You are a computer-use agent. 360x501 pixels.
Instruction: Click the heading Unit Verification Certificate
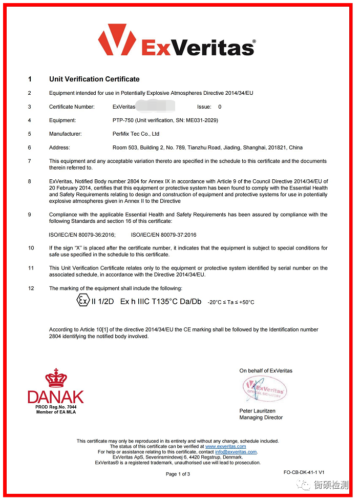coord(94,79)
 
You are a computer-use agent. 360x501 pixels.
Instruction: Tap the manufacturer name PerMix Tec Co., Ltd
coord(136,134)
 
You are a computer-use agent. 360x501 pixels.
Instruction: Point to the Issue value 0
coord(220,107)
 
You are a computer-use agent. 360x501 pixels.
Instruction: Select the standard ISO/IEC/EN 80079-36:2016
coord(82,235)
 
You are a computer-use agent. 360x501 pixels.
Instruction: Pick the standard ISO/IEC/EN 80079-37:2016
coord(163,235)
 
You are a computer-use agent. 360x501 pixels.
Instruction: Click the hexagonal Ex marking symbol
coord(82,301)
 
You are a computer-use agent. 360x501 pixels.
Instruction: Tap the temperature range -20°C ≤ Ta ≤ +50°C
coord(230,302)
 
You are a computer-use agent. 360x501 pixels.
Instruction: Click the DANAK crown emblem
coord(56,378)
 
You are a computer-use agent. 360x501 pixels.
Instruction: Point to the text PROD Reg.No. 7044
coord(56,407)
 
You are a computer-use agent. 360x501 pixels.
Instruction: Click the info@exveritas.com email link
coord(236,452)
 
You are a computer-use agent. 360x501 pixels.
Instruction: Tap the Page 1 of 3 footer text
coord(178,474)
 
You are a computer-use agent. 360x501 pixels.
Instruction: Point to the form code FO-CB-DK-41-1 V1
coord(304,472)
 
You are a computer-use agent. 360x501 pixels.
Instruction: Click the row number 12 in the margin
coord(31,288)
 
